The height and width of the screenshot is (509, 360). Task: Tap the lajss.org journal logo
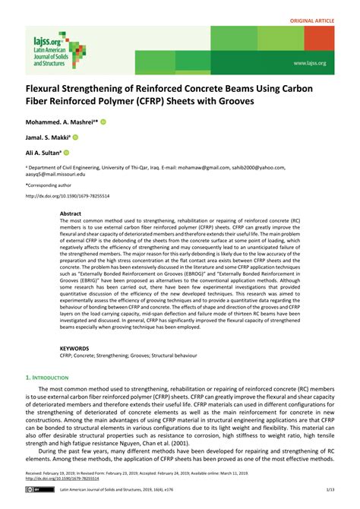tap(50, 49)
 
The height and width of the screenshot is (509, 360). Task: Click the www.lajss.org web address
tap(309, 63)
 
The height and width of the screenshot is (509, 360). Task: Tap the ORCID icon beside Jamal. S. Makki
tap(77, 137)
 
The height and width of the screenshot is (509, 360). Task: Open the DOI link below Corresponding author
tap(68, 195)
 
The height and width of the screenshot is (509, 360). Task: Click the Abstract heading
tap(71, 214)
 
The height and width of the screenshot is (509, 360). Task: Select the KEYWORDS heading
tap(74, 348)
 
